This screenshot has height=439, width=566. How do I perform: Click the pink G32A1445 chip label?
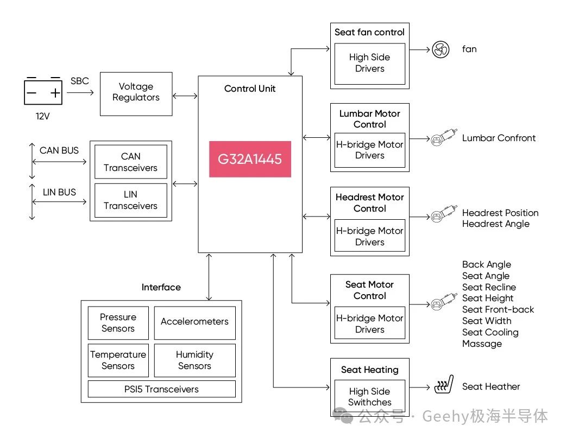click(250, 159)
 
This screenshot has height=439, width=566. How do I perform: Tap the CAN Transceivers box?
click(130, 162)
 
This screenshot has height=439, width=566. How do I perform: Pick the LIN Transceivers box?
click(130, 200)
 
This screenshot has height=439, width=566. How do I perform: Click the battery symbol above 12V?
click(43, 92)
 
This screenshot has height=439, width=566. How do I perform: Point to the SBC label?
click(79, 81)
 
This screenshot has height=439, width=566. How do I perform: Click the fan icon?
click(441, 50)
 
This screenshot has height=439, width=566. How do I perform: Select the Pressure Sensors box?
click(118, 323)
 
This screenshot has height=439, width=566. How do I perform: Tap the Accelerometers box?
click(194, 322)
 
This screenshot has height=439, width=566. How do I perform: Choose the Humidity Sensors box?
click(194, 360)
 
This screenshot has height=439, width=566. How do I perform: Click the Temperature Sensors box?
click(118, 360)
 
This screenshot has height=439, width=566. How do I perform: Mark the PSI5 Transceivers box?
click(161, 389)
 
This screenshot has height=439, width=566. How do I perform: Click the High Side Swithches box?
click(369, 397)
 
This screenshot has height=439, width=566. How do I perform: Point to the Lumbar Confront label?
click(499, 138)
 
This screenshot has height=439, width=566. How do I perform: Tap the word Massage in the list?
click(482, 343)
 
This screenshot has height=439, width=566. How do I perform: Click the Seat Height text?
click(488, 298)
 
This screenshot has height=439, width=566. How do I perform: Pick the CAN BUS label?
click(59, 150)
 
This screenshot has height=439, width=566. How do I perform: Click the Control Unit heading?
click(250, 88)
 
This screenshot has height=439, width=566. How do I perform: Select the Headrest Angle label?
click(495, 224)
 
